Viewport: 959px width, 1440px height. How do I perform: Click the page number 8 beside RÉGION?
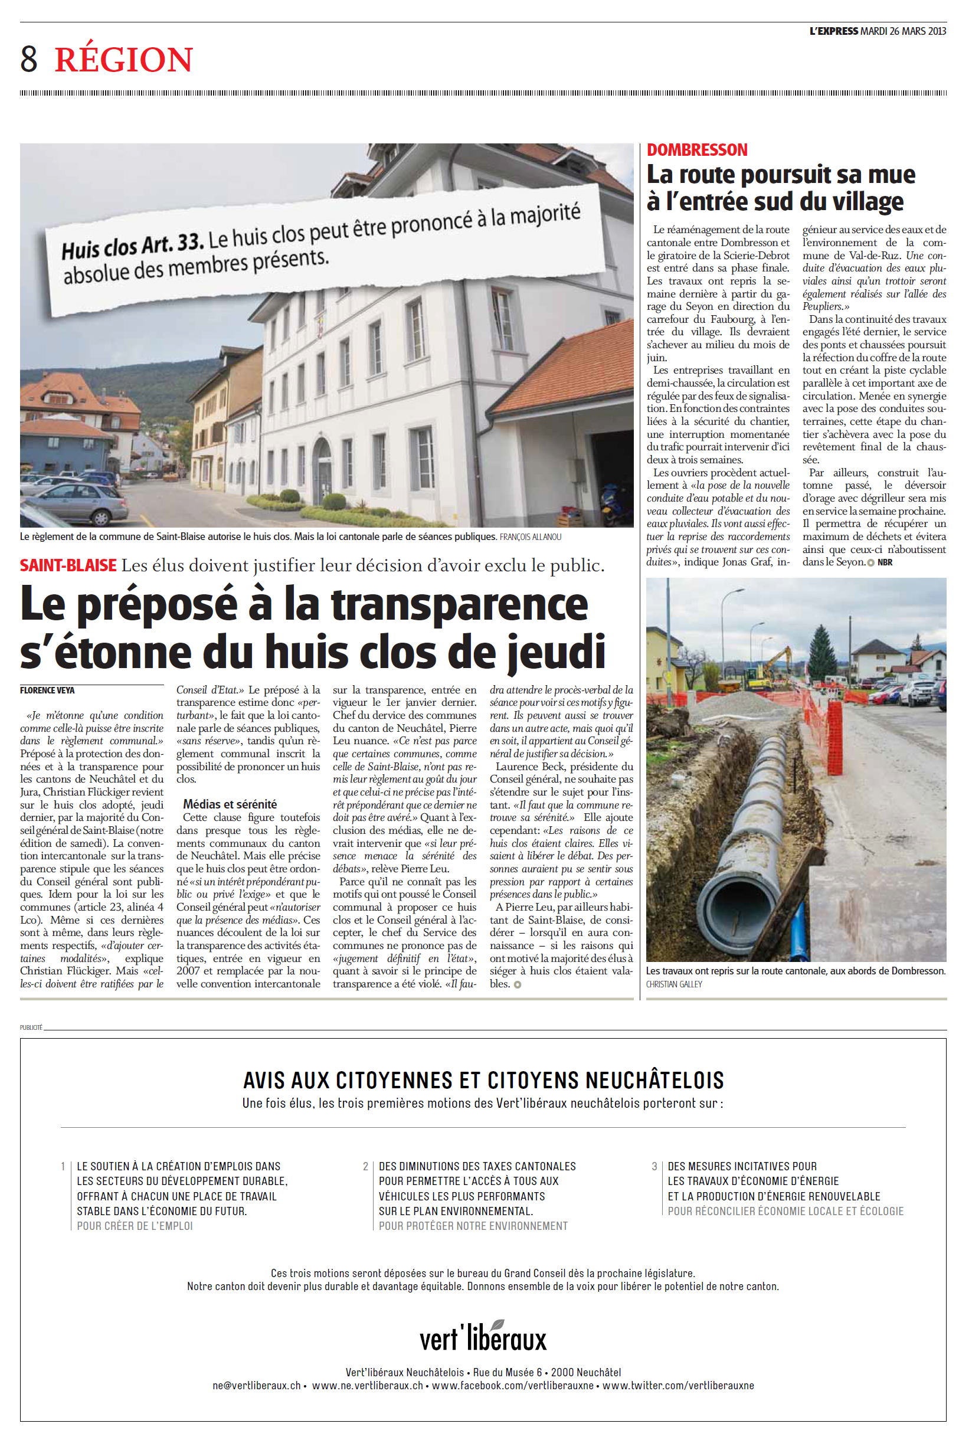point(29,60)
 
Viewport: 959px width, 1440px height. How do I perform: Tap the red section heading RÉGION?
point(123,60)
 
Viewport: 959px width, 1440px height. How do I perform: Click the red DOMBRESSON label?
point(696,150)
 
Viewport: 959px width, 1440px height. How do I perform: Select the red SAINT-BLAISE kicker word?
point(68,565)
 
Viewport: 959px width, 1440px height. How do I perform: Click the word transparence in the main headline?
point(459,605)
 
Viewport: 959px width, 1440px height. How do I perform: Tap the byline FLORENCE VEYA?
point(47,690)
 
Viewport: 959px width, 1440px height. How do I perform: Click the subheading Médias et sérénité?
point(230,804)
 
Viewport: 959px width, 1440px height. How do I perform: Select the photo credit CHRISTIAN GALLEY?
point(673,984)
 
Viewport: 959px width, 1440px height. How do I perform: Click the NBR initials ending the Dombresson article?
point(885,562)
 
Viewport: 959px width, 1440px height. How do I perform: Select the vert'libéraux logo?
point(483,1337)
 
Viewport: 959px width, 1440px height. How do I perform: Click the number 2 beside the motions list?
point(365,1167)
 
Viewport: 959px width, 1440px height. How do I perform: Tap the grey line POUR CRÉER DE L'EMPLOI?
point(135,1226)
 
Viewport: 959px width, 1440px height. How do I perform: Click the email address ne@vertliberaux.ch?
point(256,1386)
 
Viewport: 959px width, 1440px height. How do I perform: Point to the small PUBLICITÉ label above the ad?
point(31,1027)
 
